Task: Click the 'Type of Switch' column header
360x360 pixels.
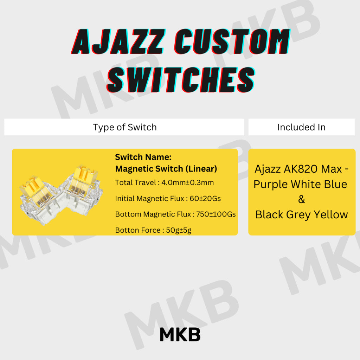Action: pyautogui.click(x=125, y=127)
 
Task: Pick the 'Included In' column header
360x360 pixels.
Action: pyautogui.click(x=301, y=127)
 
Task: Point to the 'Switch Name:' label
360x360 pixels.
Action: pyautogui.click(x=143, y=157)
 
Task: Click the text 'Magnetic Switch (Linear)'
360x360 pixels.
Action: pyautogui.click(x=166, y=169)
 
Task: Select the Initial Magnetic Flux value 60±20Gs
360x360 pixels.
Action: pyautogui.click(x=205, y=199)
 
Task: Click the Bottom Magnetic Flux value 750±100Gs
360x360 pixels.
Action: pyautogui.click(x=214, y=214)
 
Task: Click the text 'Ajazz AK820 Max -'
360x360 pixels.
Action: pyautogui.click(x=302, y=169)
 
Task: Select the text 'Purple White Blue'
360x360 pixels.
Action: pyautogui.click(x=300, y=184)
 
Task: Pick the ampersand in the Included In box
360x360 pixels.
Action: pyautogui.click(x=301, y=199)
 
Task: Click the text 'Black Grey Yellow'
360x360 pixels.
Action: pyautogui.click(x=302, y=214)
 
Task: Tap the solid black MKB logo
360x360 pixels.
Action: pyautogui.click(x=180, y=335)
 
